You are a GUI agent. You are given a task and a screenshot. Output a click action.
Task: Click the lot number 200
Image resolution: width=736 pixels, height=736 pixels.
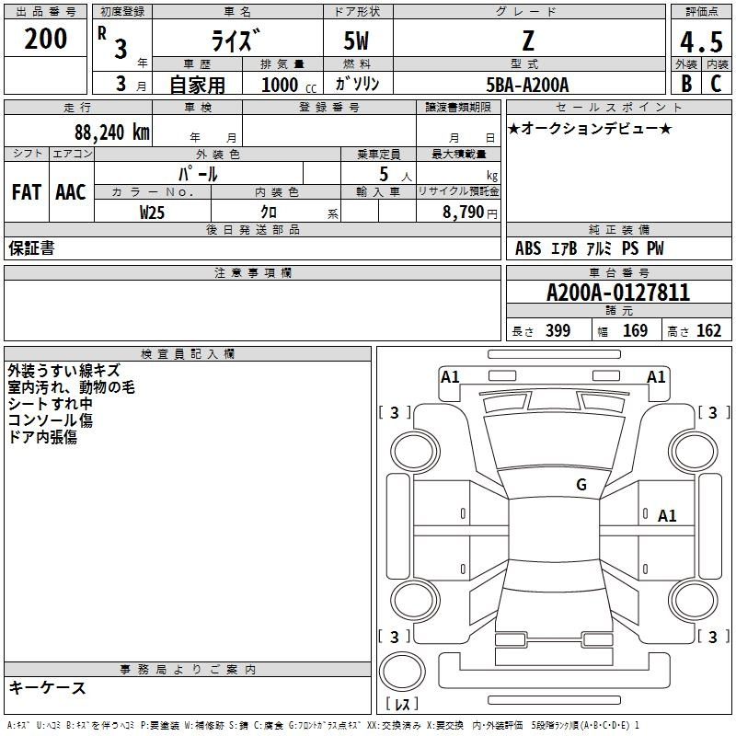pos(45,39)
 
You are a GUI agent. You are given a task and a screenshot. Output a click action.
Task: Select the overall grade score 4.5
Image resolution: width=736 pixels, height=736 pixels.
pos(701,42)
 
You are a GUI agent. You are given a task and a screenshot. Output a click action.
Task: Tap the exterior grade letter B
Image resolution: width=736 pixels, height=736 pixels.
pos(686,84)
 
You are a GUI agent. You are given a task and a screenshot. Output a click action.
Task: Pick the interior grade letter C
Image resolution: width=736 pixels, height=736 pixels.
pos(716,84)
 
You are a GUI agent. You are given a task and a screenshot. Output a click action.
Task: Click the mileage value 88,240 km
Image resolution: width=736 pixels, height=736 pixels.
pos(112,132)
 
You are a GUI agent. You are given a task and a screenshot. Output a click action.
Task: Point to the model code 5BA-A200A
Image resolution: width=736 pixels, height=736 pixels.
pos(527,85)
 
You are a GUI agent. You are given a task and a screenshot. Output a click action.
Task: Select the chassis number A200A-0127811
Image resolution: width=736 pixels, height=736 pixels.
pos(618,293)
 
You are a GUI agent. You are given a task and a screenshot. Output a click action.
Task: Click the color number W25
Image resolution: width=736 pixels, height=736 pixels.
pos(152,213)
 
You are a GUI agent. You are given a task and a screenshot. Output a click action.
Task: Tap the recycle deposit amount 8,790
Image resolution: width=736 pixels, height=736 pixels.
pos(463,213)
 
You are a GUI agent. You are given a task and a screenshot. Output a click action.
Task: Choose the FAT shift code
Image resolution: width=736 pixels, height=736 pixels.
pos(27,192)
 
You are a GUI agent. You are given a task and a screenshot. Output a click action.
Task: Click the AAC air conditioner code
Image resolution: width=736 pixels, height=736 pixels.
pos(71,192)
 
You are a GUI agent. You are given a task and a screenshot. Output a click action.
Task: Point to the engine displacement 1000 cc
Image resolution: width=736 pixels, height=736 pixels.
pos(289,85)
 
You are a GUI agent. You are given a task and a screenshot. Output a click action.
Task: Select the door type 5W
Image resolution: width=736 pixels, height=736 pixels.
pos(356,40)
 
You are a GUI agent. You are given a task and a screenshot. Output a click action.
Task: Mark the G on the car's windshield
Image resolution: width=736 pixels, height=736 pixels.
pos(581,485)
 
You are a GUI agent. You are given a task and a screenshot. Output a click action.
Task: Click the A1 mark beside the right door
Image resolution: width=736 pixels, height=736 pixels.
pos(667,516)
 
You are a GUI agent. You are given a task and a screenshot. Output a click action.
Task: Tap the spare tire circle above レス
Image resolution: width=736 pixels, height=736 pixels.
pos(402,672)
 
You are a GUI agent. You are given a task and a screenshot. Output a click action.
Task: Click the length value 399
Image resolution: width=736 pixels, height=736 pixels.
pos(558,330)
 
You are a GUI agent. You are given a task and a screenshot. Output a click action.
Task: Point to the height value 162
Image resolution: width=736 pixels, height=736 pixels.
pos(708,330)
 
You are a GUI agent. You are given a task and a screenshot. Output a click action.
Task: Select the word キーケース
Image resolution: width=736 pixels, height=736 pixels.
pos(47,687)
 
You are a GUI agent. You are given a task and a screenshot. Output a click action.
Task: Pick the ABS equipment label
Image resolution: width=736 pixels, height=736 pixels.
pos(528,248)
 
